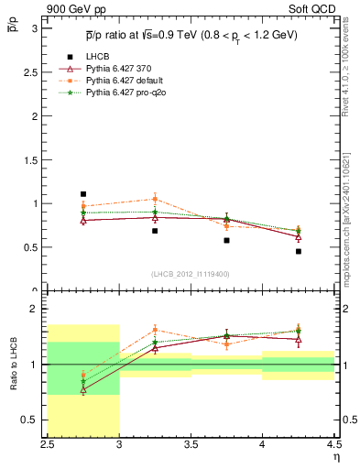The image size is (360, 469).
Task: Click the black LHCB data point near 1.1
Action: coord(83,194)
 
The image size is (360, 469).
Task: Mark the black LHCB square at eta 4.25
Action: coord(299,251)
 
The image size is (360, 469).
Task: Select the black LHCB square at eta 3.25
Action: coord(155,231)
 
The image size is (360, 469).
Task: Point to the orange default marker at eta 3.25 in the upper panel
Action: coord(155,199)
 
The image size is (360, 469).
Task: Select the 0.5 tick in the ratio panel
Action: coord(35,420)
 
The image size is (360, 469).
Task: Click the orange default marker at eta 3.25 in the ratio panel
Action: coord(155,330)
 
